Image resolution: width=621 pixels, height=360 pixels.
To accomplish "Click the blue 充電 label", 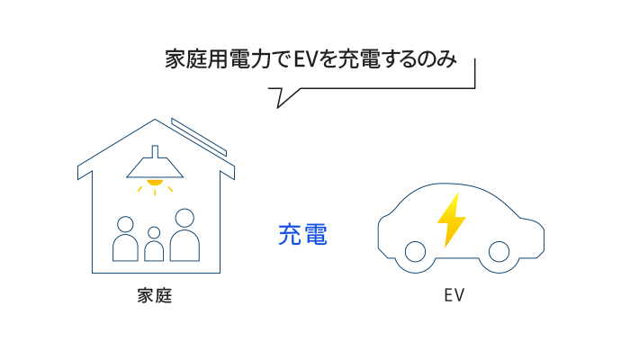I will [302, 236].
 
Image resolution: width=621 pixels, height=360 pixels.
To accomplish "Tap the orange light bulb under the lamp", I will [156, 184].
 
